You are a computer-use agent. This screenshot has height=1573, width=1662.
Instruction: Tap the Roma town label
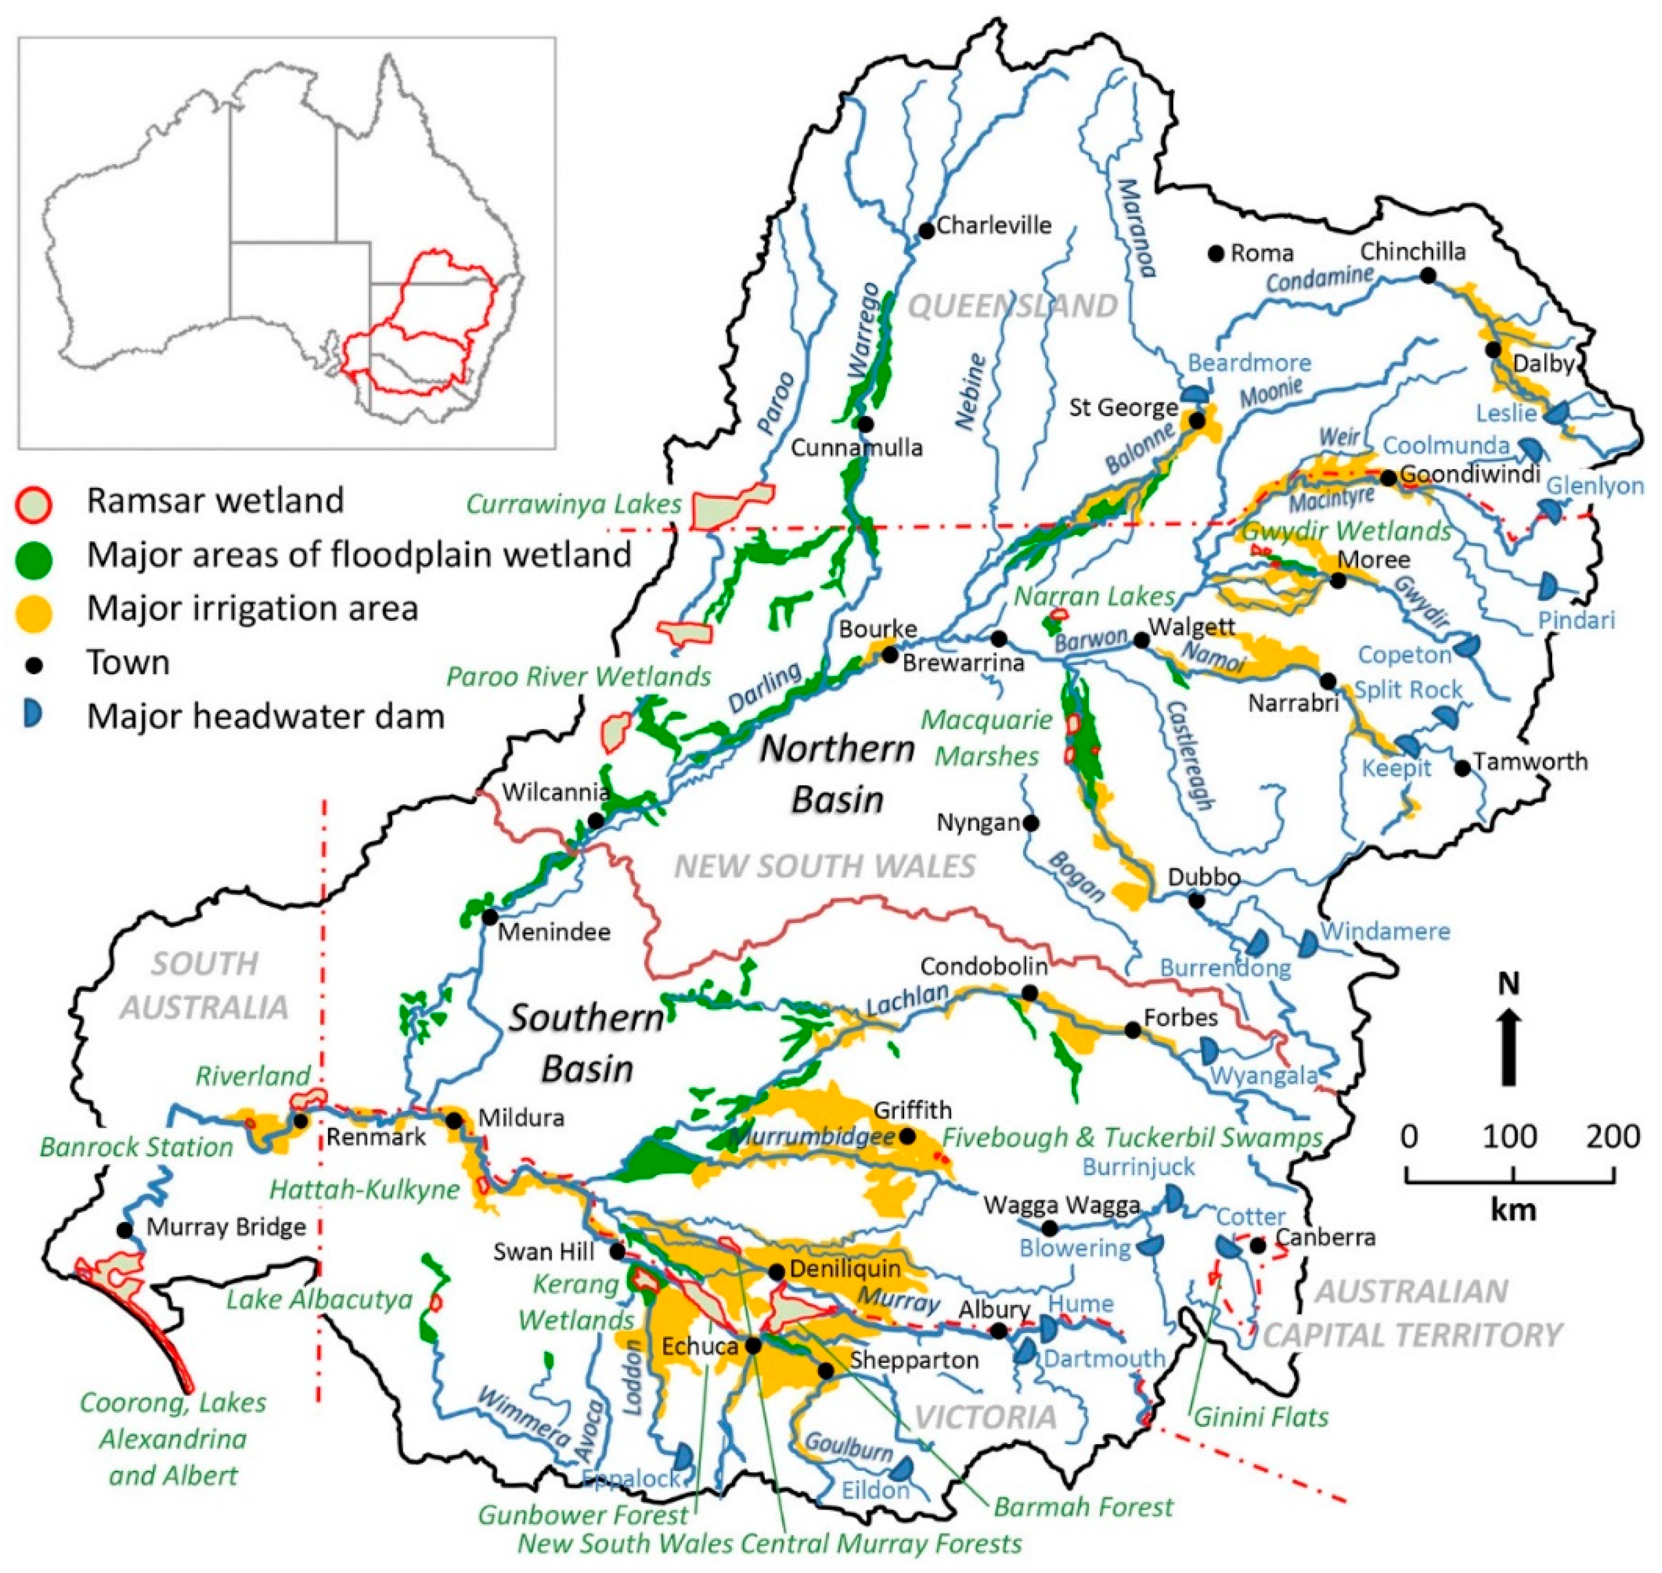coord(1261,253)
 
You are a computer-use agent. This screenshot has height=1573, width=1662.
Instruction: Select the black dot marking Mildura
coord(453,1120)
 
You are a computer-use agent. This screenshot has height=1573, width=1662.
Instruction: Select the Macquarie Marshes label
coord(986,738)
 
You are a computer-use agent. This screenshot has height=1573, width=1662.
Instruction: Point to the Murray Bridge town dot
coord(124,1230)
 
